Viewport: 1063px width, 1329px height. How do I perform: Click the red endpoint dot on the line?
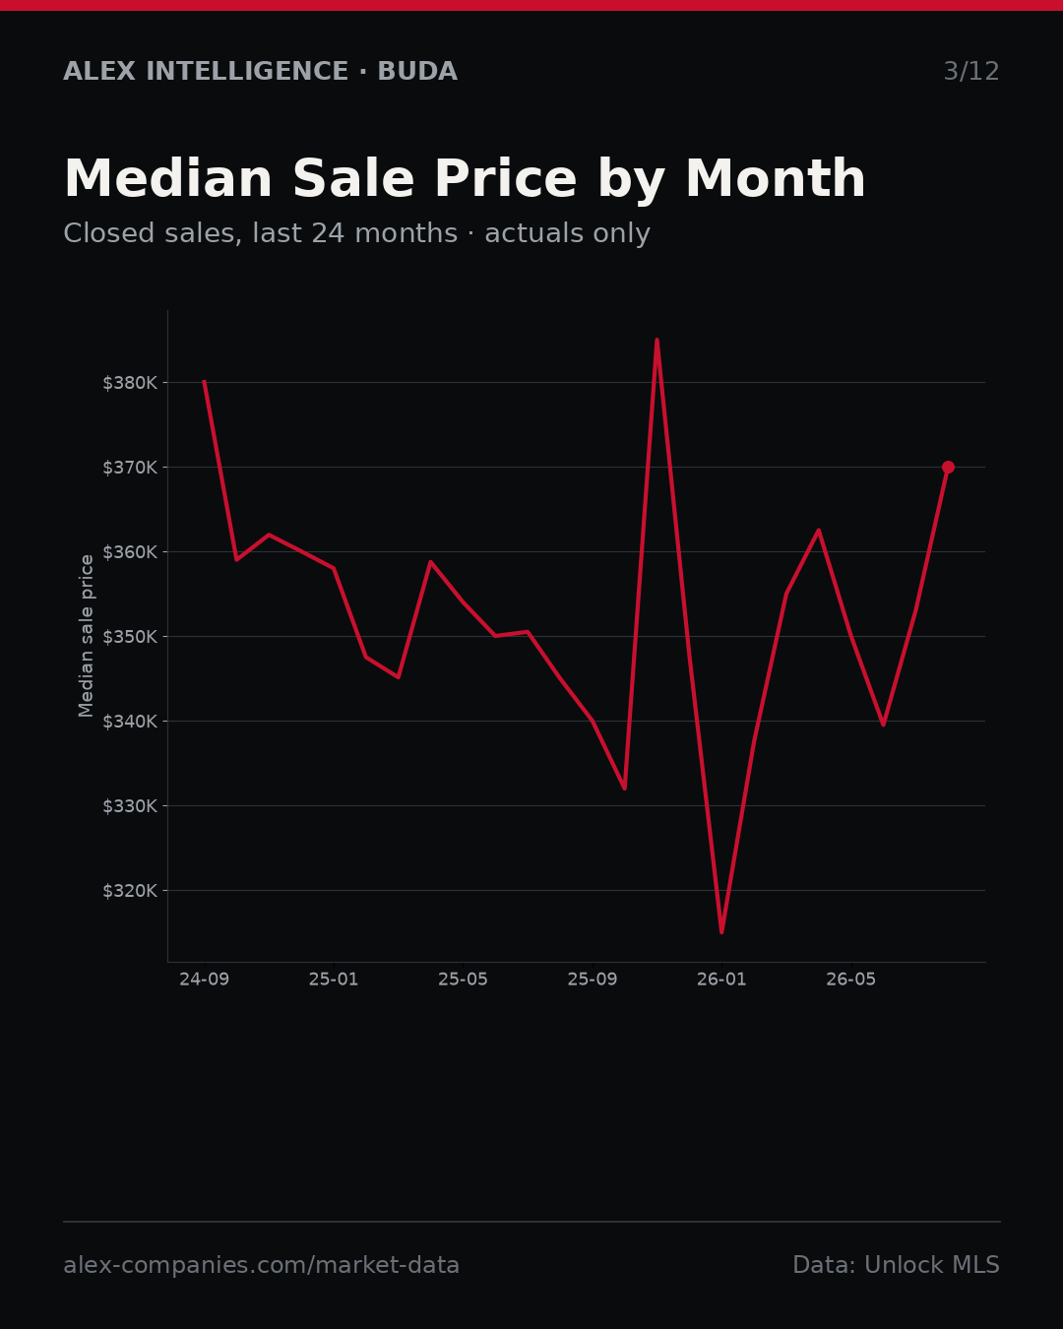pyautogui.click(x=948, y=468)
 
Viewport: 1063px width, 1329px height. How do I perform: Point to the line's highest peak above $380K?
pyautogui.click(x=657, y=339)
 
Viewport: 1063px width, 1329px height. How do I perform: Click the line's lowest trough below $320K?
pyautogui.click(x=721, y=932)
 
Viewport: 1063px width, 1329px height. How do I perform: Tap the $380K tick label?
pyautogui.click(x=130, y=383)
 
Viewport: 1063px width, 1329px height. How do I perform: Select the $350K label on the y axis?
pyautogui.click(x=130, y=637)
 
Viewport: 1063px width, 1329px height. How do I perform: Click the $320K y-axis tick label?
pyautogui.click(x=130, y=891)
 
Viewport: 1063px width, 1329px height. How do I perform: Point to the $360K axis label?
pyautogui.click(x=130, y=552)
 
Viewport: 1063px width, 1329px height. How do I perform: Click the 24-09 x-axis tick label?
pyautogui.click(x=205, y=980)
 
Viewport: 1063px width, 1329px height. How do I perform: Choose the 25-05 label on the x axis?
pyautogui.click(x=464, y=980)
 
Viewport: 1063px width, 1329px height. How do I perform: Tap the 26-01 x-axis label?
pyautogui.click(x=722, y=980)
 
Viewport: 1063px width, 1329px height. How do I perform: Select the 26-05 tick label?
pyautogui.click(x=851, y=980)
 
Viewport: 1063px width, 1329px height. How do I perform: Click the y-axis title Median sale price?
pyautogui.click(x=86, y=636)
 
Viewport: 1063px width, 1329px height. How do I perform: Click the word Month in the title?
pyautogui.click(x=776, y=179)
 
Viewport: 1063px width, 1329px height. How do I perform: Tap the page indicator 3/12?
pyautogui.click(x=971, y=71)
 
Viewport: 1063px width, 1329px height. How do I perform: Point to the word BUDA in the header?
pyautogui.click(x=417, y=71)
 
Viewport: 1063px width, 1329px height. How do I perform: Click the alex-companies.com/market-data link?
pyautogui.click(x=261, y=1265)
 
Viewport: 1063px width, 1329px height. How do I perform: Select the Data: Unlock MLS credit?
pyautogui.click(x=897, y=1265)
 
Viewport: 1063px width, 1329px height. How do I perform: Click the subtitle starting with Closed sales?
pyautogui.click(x=357, y=233)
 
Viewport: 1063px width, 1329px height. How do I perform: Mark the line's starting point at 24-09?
pyautogui.click(x=204, y=382)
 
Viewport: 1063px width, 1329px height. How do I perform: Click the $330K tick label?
pyautogui.click(x=130, y=806)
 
